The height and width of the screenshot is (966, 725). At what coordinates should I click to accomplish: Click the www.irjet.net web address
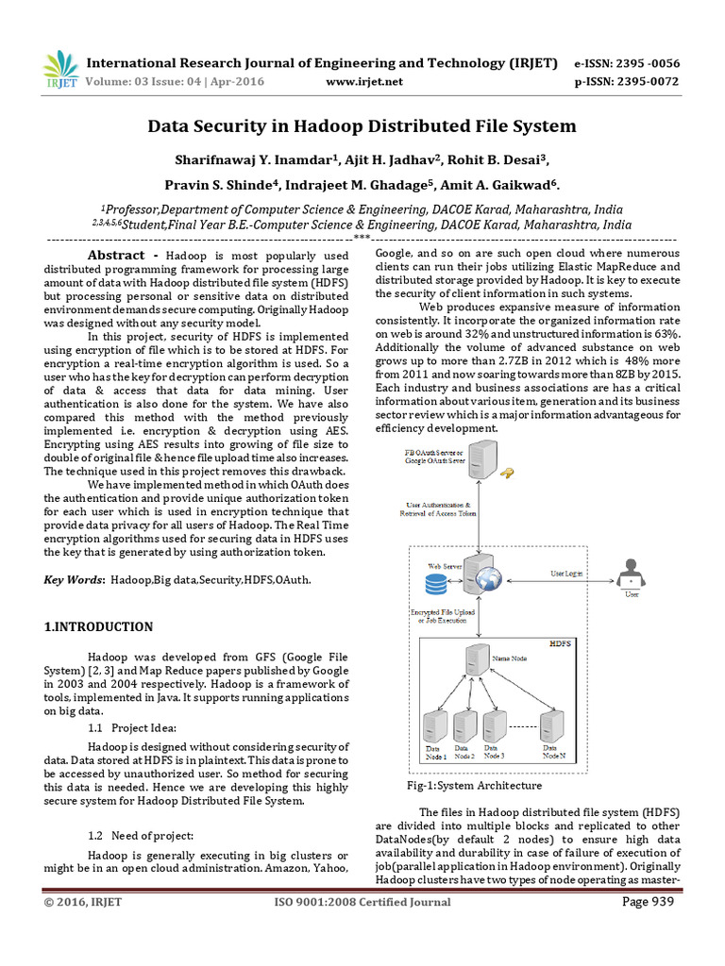pos(363,82)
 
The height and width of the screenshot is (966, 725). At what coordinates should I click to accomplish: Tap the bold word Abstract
pos(116,256)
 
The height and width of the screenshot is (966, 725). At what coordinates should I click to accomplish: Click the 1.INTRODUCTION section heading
pos(99,626)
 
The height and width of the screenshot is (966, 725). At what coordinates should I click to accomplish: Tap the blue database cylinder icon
pos(436,585)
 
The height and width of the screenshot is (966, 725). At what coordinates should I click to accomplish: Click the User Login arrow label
pos(565,574)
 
